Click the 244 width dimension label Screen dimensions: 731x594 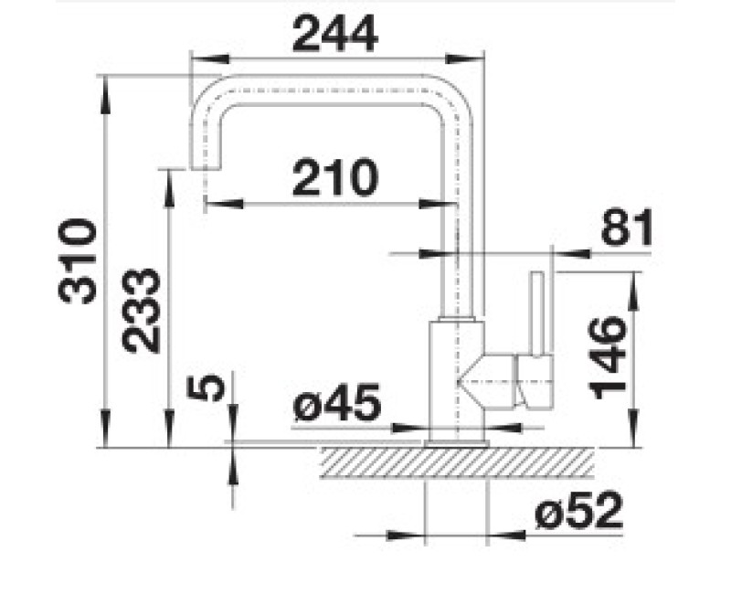[x=334, y=34]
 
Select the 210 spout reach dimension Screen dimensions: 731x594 [x=334, y=177]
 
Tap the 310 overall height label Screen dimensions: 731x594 [x=78, y=261]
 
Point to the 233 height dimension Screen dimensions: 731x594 [x=141, y=311]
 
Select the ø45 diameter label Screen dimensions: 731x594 [x=337, y=402]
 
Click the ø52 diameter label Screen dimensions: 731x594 [x=578, y=511]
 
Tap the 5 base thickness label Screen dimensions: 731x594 [x=206, y=389]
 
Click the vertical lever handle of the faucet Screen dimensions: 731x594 [x=537, y=313]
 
